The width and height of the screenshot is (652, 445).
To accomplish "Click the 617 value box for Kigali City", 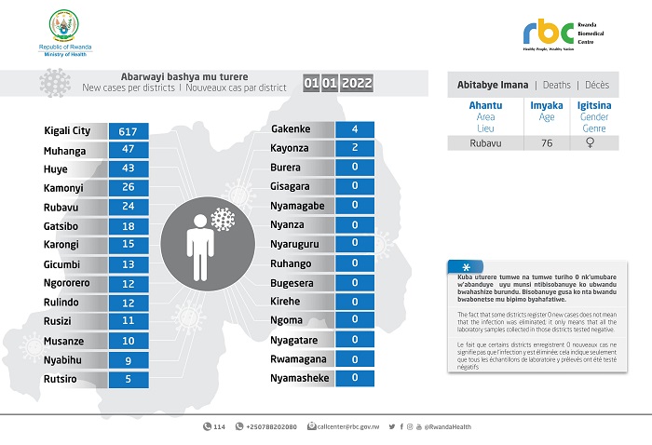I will pyautogui.click(x=129, y=131).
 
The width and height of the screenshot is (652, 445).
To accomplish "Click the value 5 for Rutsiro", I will pyautogui.click(x=129, y=379).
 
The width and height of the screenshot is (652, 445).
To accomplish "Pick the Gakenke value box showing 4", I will pyautogui.click(x=355, y=129).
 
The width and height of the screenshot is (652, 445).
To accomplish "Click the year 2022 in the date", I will pyautogui.click(x=357, y=84).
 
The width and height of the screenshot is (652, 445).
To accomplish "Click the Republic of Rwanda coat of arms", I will pyautogui.click(x=65, y=25).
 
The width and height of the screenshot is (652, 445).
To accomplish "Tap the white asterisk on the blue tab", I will pyautogui.click(x=453, y=266).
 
